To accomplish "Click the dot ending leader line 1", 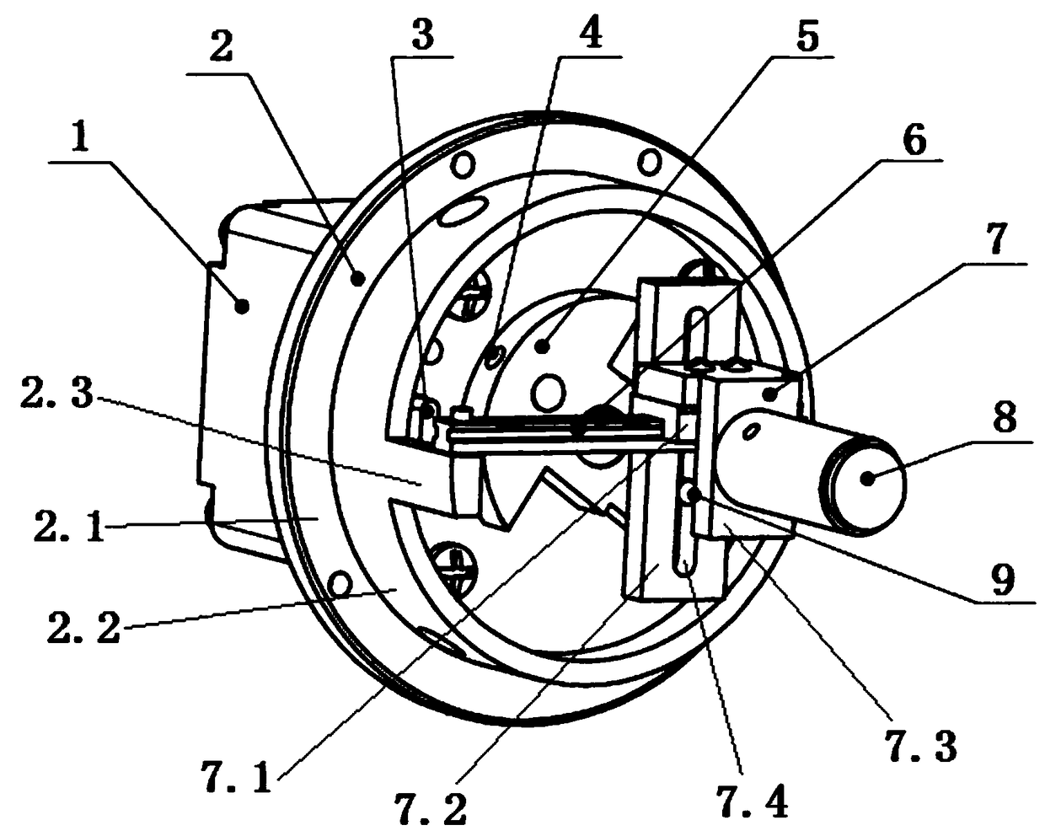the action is pos(242,307).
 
